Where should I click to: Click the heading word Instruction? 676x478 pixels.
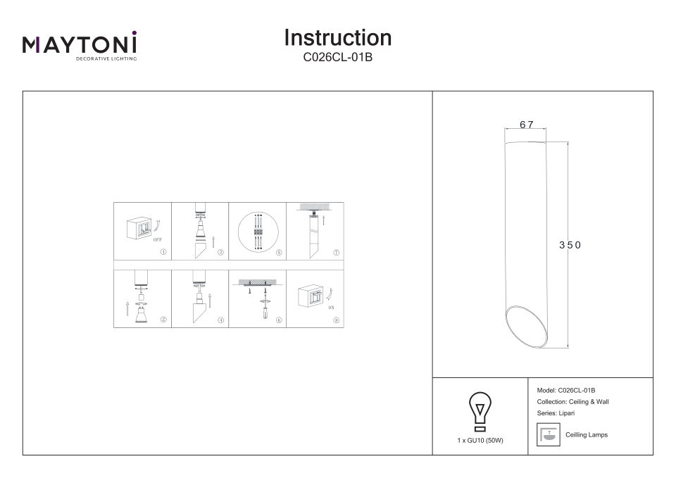[337, 37]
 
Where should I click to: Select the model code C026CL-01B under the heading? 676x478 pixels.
[337, 58]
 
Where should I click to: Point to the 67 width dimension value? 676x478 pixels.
[527, 125]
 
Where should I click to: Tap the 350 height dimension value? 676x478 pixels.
[570, 245]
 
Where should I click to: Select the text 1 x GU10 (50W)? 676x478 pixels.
[480, 440]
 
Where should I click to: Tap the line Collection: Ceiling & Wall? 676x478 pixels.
[572, 401]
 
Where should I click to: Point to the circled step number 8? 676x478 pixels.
[337, 320]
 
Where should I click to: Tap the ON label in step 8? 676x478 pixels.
[331, 308]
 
